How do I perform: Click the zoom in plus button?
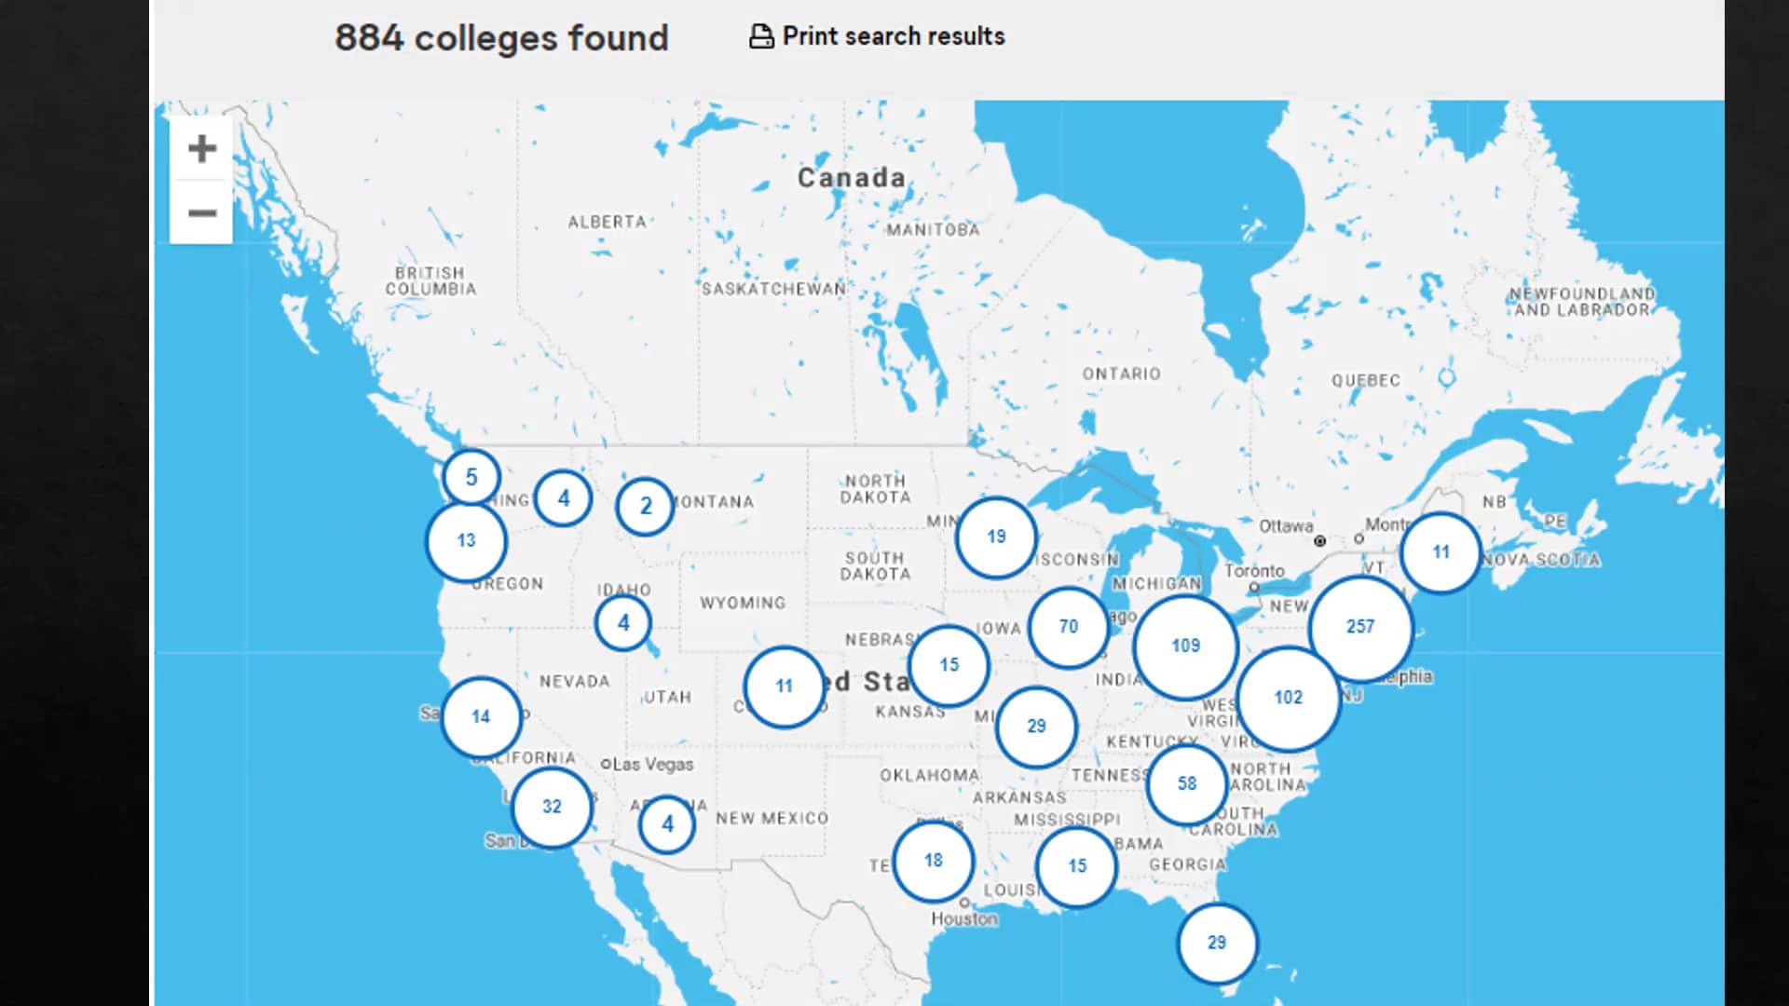pyautogui.click(x=201, y=149)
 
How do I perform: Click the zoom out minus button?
pyautogui.click(x=201, y=213)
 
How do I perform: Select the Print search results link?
pyautogui.click(x=878, y=36)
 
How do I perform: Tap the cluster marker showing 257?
pyautogui.click(x=1360, y=627)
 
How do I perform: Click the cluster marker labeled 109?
pyautogui.click(x=1185, y=646)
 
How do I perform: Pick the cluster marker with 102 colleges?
pyautogui.click(x=1289, y=698)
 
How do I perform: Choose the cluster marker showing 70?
pyautogui.click(x=1069, y=627)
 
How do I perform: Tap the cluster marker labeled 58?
pyautogui.click(x=1187, y=784)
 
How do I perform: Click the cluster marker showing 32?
pyautogui.click(x=552, y=807)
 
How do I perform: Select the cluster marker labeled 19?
pyautogui.click(x=996, y=537)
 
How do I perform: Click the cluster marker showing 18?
pyautogui.click(x=934, y=861)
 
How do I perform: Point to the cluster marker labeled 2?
pyautogui.click(x=645, y=507)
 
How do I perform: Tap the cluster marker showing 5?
pyautogui.click(x=471, y=478)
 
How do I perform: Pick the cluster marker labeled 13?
pyautogui.click(x=466, y=541)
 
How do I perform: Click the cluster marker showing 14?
pyautogui.click(x=481, y=717)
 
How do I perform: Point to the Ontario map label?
pyautogui.click(x=1121, y=374)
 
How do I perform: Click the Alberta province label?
pyautogui.click(x=607, y=222)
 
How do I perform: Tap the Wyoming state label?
pyautogui.click(x=743, y=603)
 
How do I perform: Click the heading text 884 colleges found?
pyautogui.click(x=501, y=38)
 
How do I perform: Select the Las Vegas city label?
pyautogui.click(x=652, y=765)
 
